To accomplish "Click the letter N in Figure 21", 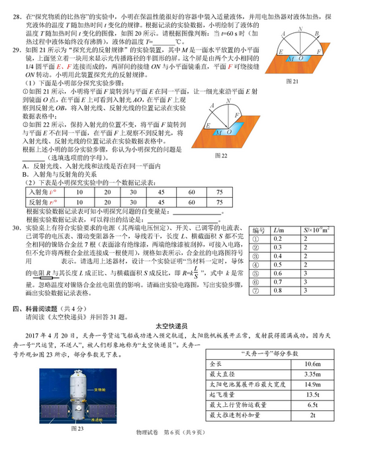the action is pyautogui.click(x=300, y=29).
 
